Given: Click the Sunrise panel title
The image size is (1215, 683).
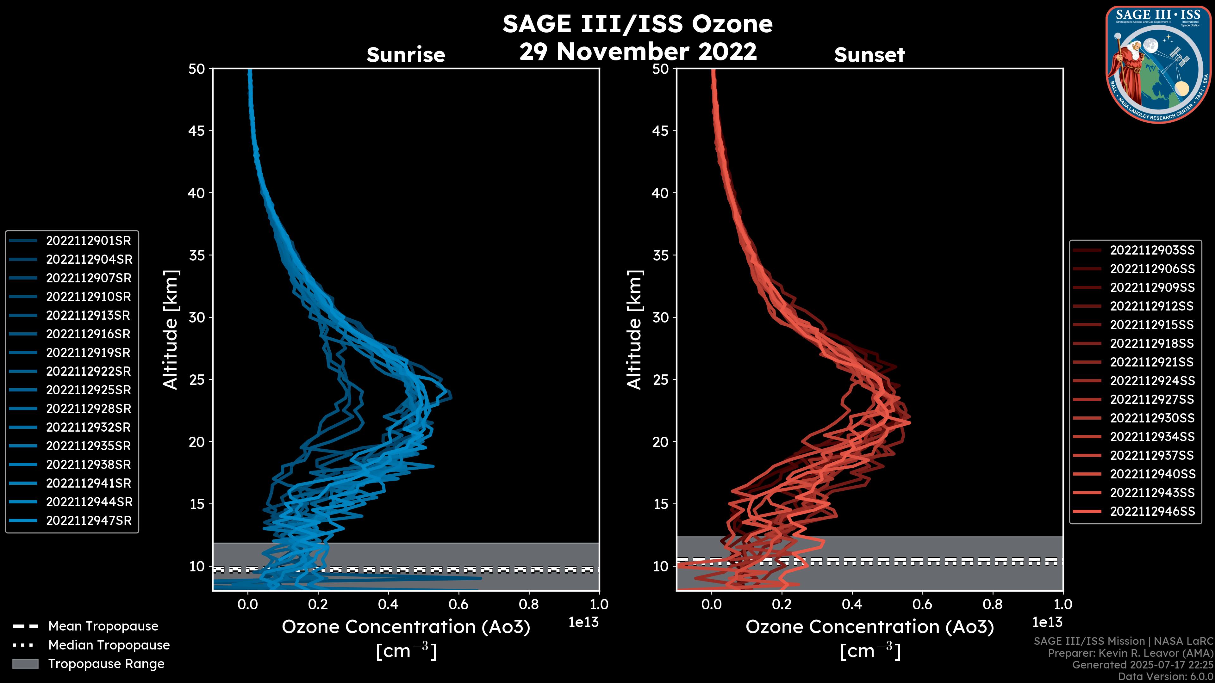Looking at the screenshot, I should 406,55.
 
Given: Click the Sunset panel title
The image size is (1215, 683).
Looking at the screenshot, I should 869,55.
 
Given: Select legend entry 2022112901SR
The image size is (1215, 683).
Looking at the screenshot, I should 88,241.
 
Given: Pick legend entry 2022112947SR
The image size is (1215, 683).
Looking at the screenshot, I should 88,520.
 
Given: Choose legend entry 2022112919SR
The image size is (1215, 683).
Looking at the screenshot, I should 88,353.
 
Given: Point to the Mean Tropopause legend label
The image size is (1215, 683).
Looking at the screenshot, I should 103,626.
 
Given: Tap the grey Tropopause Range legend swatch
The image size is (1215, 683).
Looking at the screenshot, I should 25,664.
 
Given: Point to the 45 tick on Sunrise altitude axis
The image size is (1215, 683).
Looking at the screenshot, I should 197,131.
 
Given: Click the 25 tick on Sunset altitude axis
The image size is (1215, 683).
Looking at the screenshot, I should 660,379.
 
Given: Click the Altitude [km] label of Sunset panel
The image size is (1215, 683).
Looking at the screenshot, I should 634,330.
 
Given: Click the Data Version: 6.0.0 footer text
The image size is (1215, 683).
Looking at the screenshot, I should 1165,676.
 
